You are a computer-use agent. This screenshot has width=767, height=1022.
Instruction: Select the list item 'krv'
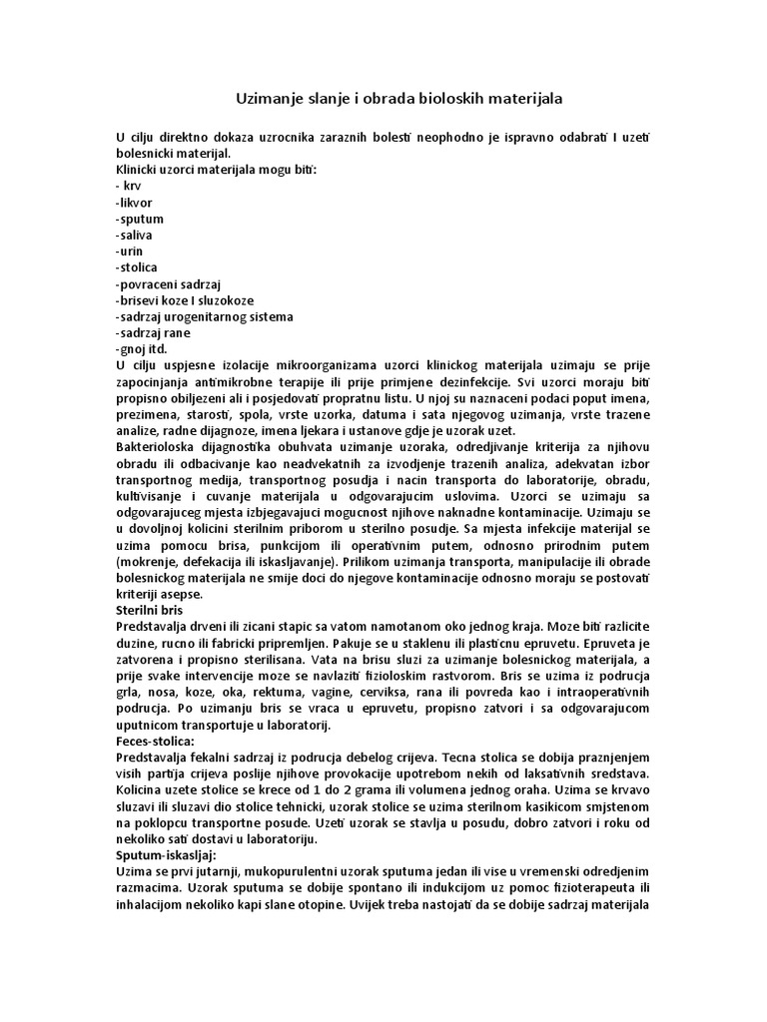pyautogui.click(x=130, y=186)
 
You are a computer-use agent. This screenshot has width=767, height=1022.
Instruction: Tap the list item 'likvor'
pyautogui.click(x=136, y=202)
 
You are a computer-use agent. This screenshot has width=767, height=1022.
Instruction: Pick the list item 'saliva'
pyautogui.click(x=136, y=235)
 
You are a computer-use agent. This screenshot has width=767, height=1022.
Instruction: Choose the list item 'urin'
pyautogui.click(x=132, y=251)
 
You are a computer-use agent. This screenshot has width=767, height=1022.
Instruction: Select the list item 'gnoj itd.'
pyautogui.click(x=143, y=348)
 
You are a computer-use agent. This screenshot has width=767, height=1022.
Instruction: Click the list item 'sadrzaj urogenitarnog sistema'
pyautogui.click(x=206, y=316)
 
